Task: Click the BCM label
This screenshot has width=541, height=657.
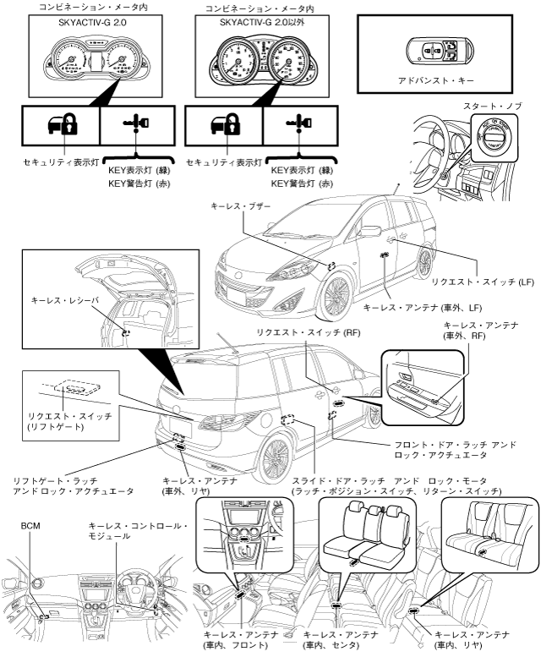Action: pos(30,525)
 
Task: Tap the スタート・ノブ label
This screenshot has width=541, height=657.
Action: pos(493,107)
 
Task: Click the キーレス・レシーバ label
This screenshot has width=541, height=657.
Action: pos(64,299)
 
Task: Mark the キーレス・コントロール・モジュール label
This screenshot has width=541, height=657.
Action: pos(138,531)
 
